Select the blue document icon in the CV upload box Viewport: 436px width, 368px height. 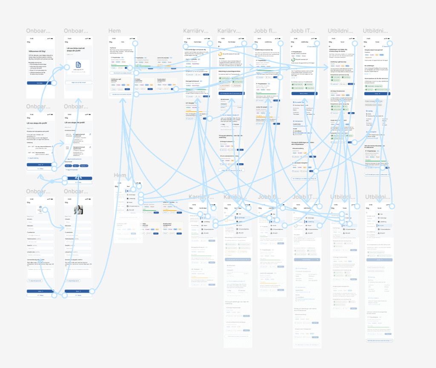tap(79, 64)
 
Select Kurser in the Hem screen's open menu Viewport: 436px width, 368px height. tap(130, 202)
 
